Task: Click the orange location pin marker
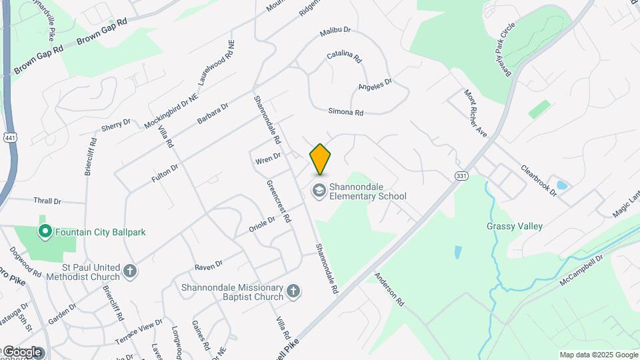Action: click(x=321, y=159)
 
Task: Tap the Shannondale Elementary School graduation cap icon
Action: click(x=319, y=191)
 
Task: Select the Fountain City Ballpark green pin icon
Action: click(x=45, y=232)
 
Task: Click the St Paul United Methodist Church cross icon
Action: click(x=130, y=271)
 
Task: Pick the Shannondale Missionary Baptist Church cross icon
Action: click(x=293, y=291)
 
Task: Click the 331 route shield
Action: click(x=461, y=175)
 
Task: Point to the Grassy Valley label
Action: click(x=514, y=226)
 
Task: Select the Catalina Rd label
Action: click(x=344, y=58)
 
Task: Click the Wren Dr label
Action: click(x=268, y=159)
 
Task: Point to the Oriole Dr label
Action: click(x=262, y=224)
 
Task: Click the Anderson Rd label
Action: click(x=389, y=289)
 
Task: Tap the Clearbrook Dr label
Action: click(x=539, y=180)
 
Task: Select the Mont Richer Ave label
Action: click(x=476, y=114)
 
